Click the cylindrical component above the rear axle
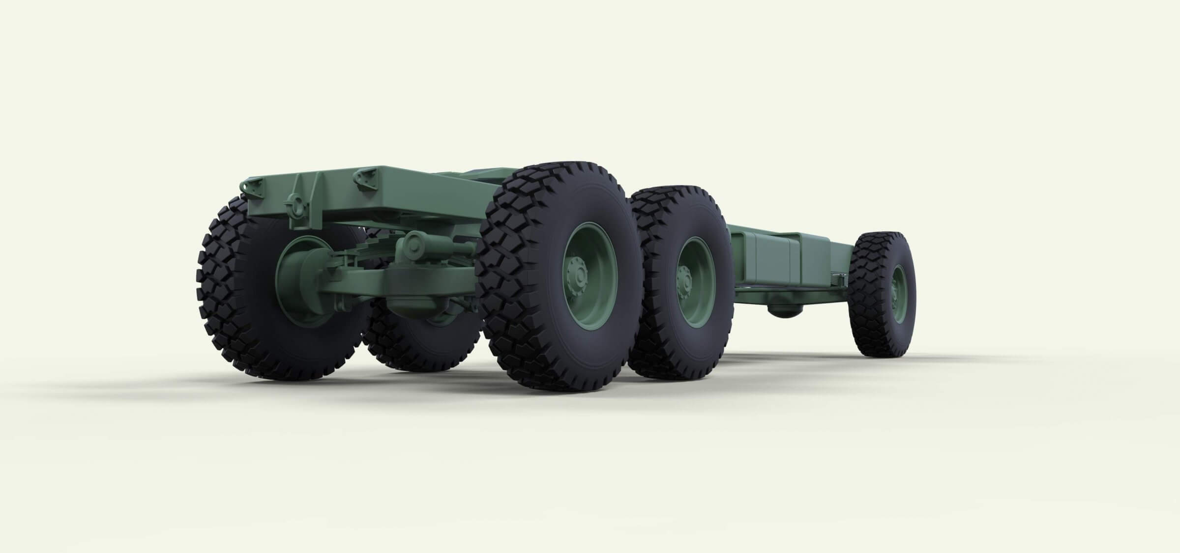coord(418,244)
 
